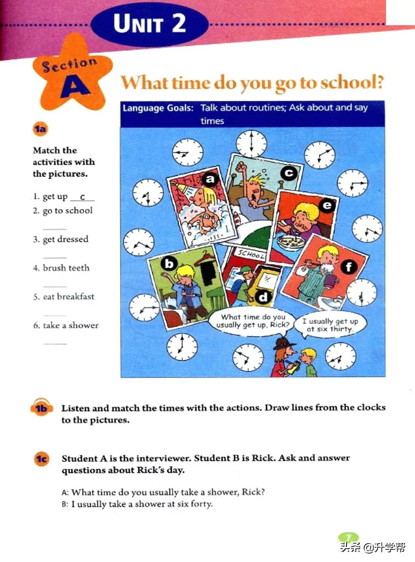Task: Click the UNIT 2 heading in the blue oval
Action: (150, 24)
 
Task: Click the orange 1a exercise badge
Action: (40, 129)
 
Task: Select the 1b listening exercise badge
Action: (41, 408)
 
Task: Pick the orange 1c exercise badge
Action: (41, 459)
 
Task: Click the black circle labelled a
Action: (210, 179)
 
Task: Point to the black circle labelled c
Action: (289, 173)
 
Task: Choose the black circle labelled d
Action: (263, 297)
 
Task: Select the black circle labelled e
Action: (327, 206)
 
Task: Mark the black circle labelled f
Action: (349, 267)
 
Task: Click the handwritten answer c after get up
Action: (82, 197)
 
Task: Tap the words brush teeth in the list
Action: (66, 268)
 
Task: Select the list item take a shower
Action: (71, 325)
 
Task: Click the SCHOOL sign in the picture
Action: (251, 254)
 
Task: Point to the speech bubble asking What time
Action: (253, 321)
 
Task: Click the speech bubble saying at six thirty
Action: (331, 325)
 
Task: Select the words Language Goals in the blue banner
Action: (158, 108)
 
